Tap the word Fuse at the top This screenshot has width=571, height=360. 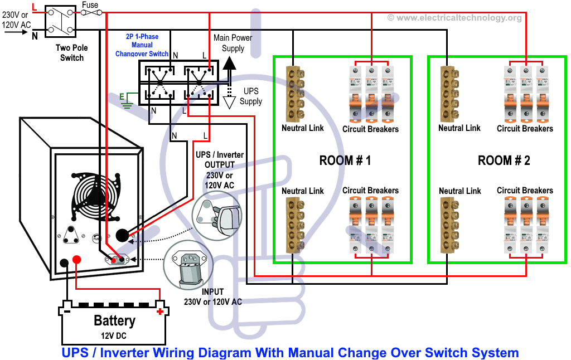pos(90,5)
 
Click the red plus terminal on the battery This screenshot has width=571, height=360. pos(161,312)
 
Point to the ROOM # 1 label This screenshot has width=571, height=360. pos(345,161)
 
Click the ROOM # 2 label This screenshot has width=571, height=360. pos(504,161)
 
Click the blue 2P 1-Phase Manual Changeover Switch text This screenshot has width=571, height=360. pos(142,45)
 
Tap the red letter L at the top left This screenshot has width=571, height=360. pos(35,7)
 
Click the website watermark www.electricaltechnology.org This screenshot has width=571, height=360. pos(454,18)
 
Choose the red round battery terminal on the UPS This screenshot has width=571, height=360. pos(78,260)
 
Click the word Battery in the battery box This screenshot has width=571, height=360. pos(114,320)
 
